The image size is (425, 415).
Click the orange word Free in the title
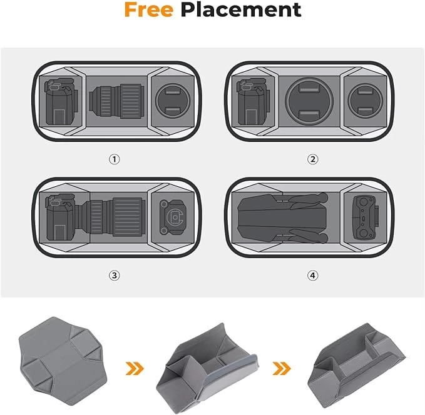tap(148, 10)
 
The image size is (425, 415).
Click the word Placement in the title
tap(241, 10)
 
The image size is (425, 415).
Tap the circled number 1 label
tap(115, 159)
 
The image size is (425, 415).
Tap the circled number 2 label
tap(312, 159)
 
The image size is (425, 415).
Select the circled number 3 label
tap(115, 276)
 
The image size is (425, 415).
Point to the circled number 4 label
tap(312, 276)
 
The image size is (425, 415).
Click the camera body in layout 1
tap(62, 101)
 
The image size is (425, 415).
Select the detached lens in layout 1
tap(116, 101)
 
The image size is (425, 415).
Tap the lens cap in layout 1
tap(173, 101)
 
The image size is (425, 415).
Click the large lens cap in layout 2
tap(309, 101)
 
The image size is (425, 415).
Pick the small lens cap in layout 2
tap(365, 101)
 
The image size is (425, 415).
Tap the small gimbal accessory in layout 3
tap(173, 217)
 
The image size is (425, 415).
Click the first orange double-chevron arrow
tap(135, 368)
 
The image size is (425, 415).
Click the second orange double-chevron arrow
tap(282, 368)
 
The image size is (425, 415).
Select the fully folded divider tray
tap(356, 362)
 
